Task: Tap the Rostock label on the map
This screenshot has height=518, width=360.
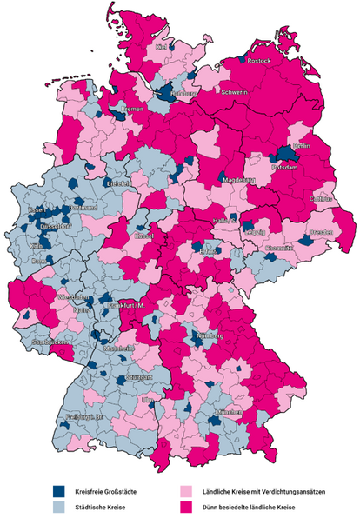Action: click(x=260, y=63)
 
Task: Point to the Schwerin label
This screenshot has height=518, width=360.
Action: click(x=236, y=91)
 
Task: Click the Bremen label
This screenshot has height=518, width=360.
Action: click(x=131, y=110)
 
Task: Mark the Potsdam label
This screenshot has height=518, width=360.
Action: click(x=287, y=166)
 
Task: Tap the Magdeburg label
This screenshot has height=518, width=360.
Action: click(x=238, y=180)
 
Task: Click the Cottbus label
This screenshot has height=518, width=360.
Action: click(x=321, y=199)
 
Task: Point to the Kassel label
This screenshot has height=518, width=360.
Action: click(x=144, y=236)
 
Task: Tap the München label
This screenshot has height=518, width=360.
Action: click(x=227, y=409)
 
